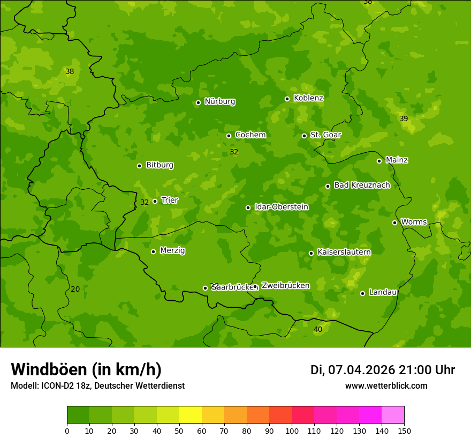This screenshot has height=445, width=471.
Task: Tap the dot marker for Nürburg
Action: (x=198, y=102)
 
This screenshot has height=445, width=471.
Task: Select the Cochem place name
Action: (x=250, y=135)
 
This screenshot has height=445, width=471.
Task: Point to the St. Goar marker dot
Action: (x=304, y=136)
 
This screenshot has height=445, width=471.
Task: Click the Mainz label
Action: (x=397, y=160)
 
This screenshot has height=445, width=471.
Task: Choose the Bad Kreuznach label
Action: (x=362, y=186)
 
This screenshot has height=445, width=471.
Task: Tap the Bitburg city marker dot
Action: (x=139, y=166)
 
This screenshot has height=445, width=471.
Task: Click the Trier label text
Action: (x=170, y=201)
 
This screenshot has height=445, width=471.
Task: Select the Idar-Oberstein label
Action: (x=281, y=207)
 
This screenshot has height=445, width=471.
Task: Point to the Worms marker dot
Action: (x=394, y=222)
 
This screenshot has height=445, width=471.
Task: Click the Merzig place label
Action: (x=172, y=251)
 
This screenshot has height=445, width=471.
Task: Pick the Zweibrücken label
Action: (x=285, y=286)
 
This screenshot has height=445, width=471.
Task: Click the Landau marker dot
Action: (x=362, y=293)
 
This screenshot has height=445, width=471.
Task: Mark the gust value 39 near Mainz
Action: (x=404, y=118)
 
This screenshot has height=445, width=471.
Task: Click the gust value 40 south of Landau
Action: (x=318, y=329)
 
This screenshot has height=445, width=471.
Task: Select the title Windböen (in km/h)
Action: (x=86, y=369)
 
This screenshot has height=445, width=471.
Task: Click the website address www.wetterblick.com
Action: (x=386, y=386)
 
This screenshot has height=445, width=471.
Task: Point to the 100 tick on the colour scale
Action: (x=292, y=430)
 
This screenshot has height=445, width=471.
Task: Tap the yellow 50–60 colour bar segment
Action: (x=191, y=415)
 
